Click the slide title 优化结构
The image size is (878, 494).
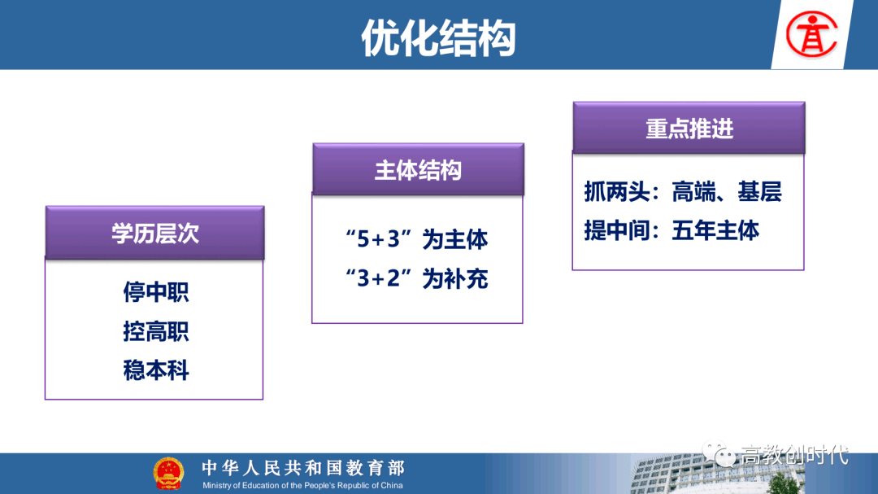[x=438, y=38]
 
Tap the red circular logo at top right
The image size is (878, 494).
[x=811, y=35]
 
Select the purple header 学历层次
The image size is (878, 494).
[x=154, y=233]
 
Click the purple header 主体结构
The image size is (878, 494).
[x=419, y=169]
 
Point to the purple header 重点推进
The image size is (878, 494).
[x=689, y=129]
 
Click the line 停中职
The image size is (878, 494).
[x=155, y=292]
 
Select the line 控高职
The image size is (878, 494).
[x=155, y=331]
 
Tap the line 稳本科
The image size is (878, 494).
[x=155, y=370]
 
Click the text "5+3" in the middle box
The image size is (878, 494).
[x=379, y=239]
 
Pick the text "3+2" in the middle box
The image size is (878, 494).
[x=379, y=278]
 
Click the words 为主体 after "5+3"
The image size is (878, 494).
[x=454, y=239]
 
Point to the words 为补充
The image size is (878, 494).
[x=454, y=278]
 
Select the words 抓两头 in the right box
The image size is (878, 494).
[x=617, y=192]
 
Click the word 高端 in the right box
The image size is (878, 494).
[x=693, y=192]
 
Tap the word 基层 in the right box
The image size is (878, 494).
[x=759, y=192]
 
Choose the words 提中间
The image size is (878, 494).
[x=617, y=230]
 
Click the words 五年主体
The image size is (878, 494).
[x=715, y=230]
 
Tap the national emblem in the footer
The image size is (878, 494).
[x=168, y=474]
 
